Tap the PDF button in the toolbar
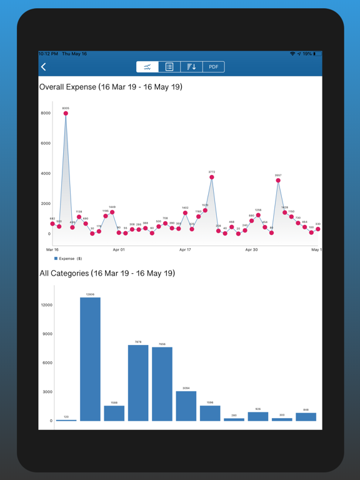click(213, 67)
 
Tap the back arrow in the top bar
click(44, 67)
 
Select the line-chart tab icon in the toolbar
click(147, 67)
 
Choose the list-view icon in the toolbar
click(169, 67)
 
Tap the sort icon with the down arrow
click(191, 67)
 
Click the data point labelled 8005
click(66, 114)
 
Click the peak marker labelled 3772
click(212, 177)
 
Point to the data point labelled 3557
click(278, 181)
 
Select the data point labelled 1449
click(112, 212)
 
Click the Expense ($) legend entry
click(69, 258)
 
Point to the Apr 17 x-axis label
click(185, 249)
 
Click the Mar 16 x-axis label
click(52, 249)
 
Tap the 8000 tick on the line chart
click(46, 113)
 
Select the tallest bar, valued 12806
click(90, 359)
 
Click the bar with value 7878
click(138, 382)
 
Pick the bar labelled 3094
click(186, 406)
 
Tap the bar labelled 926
click(258, 416)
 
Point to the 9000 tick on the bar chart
click(47, 334)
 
